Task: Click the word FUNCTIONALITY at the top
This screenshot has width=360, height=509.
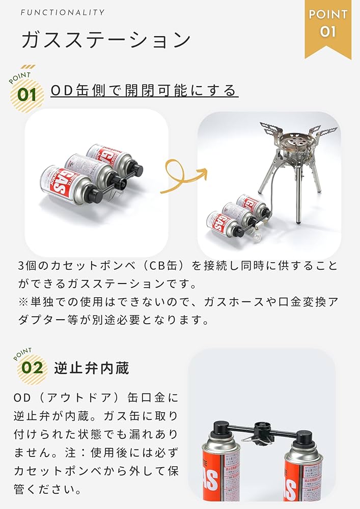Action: pos(63,12)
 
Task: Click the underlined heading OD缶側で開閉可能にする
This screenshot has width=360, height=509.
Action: pos(144,91)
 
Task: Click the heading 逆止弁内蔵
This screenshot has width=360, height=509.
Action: pos(92,367)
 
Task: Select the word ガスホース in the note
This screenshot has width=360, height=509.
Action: pos(227,301)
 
